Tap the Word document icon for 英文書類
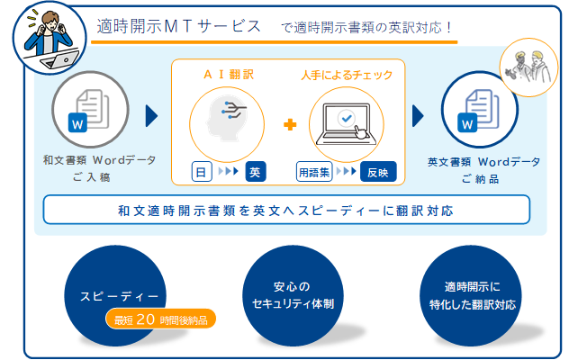point(481,107)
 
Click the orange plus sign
point(290,123)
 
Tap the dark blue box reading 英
point(256,172)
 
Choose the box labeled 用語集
point(314,172)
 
